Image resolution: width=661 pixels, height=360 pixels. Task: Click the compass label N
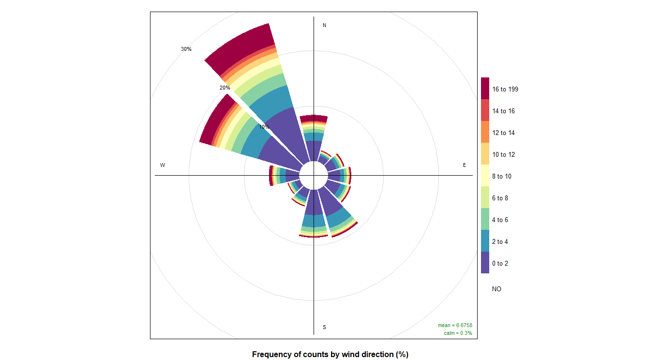[324, 25]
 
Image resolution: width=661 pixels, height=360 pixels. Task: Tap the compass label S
[324, 327]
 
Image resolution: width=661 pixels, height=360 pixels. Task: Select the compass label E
[465, 165]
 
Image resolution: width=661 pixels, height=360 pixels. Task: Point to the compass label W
[163, 165]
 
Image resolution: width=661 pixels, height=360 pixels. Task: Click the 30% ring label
[186, 49]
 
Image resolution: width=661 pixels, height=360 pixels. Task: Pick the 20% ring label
[225, 88]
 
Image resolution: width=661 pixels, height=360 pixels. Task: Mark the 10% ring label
[264, 127]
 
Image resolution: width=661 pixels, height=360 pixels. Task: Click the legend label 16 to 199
[505, 89]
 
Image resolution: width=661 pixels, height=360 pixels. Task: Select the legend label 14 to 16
[503, 111]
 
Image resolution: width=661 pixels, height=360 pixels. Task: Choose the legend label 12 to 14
[503, 133]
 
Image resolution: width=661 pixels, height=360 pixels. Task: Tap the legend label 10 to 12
[503, 154]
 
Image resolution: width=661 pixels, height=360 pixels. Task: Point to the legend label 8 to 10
[502, 176]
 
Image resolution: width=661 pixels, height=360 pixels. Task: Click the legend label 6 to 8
[500, 198]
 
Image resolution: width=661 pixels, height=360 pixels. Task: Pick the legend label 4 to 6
[500, 220]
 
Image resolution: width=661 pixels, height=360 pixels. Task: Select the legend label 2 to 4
[500, 241]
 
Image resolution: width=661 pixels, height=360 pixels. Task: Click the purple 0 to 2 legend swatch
[485, 263]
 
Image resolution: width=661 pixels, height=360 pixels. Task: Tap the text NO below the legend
[496, 289]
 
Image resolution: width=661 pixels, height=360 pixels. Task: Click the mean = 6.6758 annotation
[455, 325]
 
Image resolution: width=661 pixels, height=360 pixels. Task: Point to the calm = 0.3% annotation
[458, 333]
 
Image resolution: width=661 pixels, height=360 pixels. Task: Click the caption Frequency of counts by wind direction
[330, 354]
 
